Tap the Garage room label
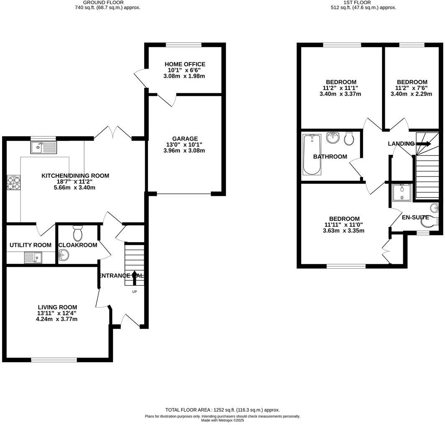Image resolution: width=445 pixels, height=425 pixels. click(x=185, y=139)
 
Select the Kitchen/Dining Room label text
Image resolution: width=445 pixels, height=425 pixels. click(x=75, y=176)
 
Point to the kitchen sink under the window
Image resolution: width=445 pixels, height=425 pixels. click(x=43, y=147)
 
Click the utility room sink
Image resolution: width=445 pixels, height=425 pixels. click(x=33, y=258)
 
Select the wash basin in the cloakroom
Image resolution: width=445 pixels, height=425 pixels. click(x=63, y=254)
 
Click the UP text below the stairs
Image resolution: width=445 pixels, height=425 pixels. click(x=134, y=292)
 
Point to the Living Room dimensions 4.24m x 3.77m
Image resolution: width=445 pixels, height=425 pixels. click(x=57, y=319)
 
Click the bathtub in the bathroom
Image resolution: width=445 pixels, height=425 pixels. click(x=312, y=154)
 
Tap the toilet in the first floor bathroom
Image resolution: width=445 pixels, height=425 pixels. click(x=349, y=139)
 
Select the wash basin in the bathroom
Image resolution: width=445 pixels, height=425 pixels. click(x=333, y=138)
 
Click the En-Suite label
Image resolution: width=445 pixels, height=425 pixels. click(x=415, y=218)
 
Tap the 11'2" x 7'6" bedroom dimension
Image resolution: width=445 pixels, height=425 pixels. click(x=412, y=88)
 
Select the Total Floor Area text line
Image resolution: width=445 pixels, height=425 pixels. click(x=222, y=410)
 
